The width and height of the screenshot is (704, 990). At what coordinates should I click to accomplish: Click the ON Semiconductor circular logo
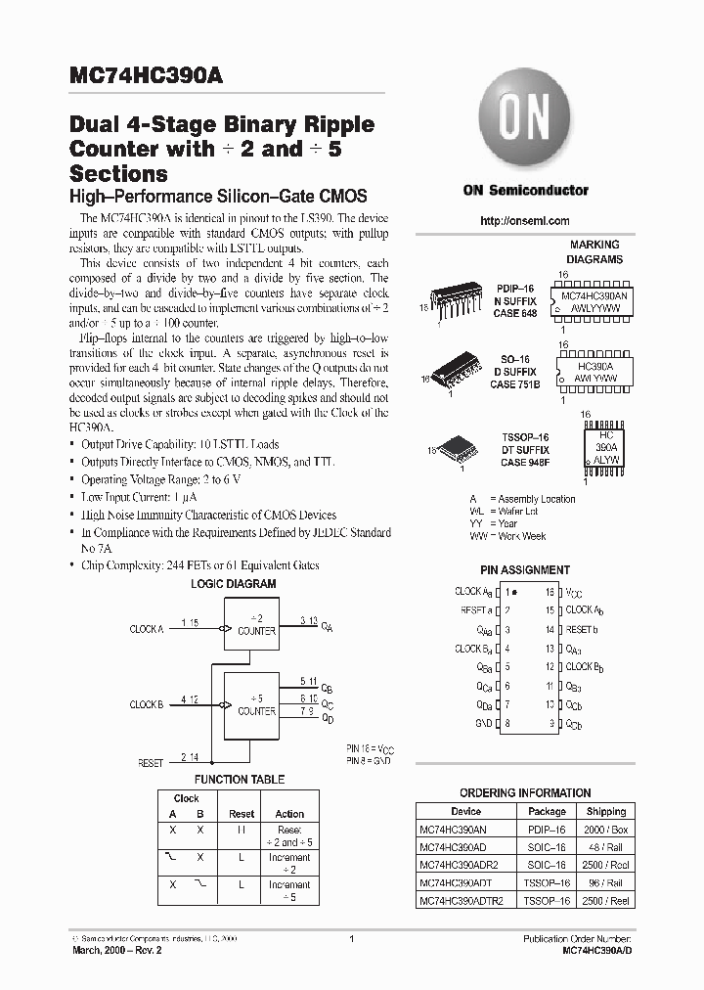525,124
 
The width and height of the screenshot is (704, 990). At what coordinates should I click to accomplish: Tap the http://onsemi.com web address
525,221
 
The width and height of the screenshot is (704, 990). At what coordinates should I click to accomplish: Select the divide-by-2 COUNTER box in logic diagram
256,626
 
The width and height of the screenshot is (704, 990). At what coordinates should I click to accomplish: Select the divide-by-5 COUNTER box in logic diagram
256,705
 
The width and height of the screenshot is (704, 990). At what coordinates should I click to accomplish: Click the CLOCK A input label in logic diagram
147,630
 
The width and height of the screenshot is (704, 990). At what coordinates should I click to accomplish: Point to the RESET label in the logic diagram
151,763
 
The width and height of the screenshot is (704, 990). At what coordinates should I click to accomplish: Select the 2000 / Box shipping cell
606,829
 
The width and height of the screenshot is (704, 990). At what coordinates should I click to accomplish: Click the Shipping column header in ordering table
606,811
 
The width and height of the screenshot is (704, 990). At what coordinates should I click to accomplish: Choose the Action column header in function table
289,814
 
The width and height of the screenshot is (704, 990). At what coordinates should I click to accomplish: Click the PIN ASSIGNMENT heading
525,569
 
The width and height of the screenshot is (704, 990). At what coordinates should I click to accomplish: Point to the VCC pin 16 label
574,593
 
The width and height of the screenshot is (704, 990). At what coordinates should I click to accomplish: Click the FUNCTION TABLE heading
240,780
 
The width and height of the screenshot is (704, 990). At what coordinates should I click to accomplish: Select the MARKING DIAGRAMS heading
594,252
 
